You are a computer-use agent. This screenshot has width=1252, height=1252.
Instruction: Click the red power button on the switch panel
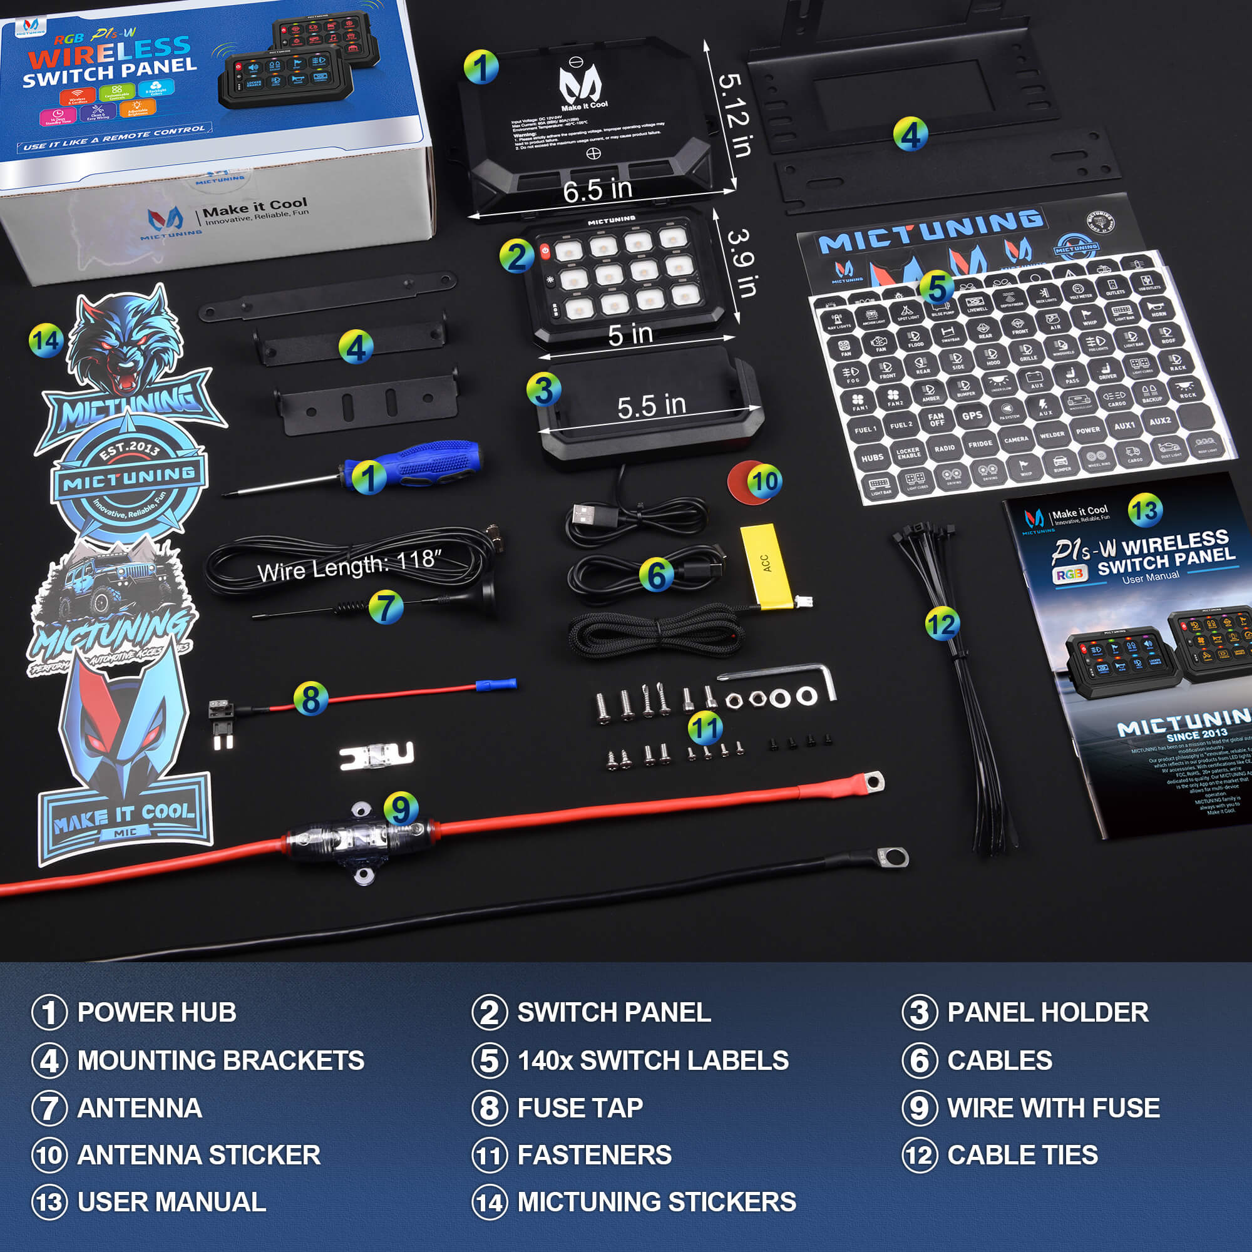[545, 251]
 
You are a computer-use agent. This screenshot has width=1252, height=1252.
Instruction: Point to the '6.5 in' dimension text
[597, 190]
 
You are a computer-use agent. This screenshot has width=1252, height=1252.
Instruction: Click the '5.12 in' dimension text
[735, 115]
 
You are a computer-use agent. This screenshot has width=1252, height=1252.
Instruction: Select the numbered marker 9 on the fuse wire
[401, 808]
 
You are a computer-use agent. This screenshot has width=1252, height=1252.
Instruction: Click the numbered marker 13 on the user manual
[1144, 511]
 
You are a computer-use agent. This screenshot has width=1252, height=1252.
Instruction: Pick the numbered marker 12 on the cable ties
[941, 624]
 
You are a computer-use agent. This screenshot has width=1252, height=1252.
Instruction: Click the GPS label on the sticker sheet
[972, 416]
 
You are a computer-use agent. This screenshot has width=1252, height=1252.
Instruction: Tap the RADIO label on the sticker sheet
[944, 448]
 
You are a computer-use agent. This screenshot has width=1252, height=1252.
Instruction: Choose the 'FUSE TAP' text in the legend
[580, 1107]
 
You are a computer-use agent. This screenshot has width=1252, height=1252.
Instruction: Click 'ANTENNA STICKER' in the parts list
[198, 1155]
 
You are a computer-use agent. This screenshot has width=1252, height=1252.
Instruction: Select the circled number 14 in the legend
[490, 1203]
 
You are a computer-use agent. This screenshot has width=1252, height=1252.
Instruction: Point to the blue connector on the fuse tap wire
[496, 684]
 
